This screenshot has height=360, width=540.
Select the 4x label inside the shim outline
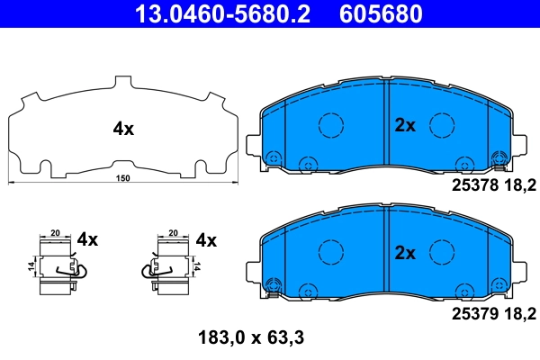[123, 129]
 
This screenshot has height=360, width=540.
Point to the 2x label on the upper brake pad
[405, 126]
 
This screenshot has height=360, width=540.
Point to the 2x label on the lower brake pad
[405, 253]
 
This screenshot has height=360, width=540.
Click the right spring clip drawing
[168, 266]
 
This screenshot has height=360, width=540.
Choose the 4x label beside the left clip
[87, 240]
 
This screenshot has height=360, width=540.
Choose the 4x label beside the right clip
[206, 240]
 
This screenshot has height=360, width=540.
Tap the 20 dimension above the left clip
[55, 231]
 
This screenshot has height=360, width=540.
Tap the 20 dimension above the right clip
[172, 231]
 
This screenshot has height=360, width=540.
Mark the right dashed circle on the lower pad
[440, 251]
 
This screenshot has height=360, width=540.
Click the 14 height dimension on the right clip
[196, 266]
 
